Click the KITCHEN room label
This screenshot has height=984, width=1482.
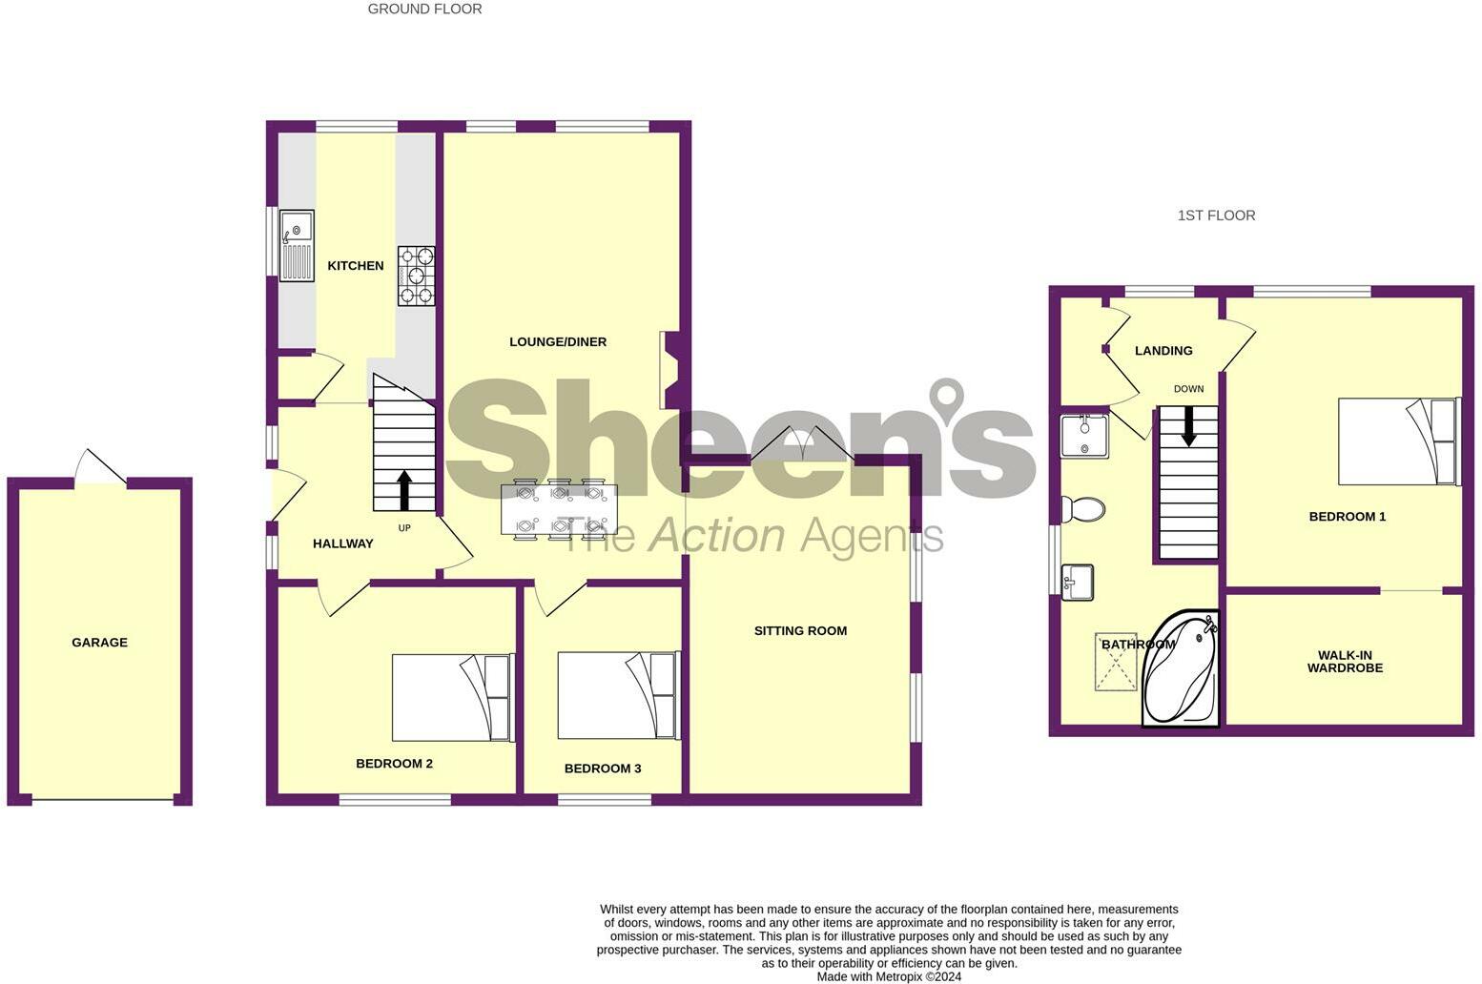tap(356, 266)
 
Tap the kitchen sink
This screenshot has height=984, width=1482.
tap(297, 245)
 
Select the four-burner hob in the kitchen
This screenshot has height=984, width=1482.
tap(417, 276)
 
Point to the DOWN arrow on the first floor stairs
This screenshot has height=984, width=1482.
tap(1188, 426)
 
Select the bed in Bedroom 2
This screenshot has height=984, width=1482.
tap(453, 697)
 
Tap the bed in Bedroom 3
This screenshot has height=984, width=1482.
tap(618, 695)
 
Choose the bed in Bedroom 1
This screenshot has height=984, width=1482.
tap(1398, 441)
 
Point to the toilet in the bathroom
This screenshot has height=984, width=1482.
tap(1082, 509)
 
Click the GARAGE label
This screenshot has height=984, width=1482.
tap(99, 643)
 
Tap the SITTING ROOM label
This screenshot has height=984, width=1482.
tap(800, 631)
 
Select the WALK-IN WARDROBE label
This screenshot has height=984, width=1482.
tap(1345, 662)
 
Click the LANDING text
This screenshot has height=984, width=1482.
tap(1163, 351)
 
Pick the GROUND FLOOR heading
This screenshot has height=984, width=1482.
tap(424, 10)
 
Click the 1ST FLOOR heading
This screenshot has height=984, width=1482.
tap(1216, 215)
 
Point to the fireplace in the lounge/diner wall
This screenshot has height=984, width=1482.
tap(670, 370)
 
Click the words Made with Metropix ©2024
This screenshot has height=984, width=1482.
tap(889, 976)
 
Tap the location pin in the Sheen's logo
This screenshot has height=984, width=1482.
tap(947, 398)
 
